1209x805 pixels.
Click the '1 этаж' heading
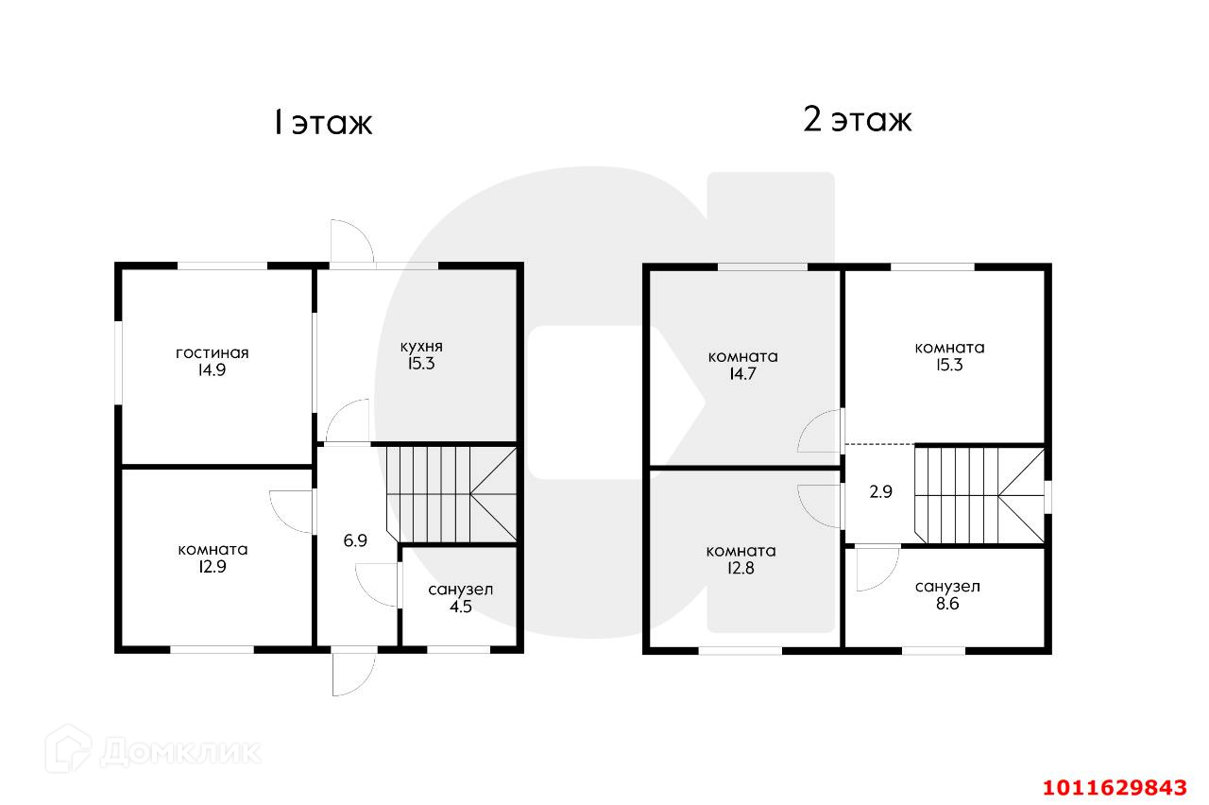[x=322, y=123]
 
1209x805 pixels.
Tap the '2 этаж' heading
[x=857, y=121]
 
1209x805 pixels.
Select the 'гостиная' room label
[x=213, y=353]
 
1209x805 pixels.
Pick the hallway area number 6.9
[x=355, y=541]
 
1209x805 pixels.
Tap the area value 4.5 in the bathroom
[x=460, y=607]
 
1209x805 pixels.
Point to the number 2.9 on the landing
[x=880, y=491]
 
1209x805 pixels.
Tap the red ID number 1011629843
[x=1114, y=787]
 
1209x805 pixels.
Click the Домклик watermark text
[x=179, y=752]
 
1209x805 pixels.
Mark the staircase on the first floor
[x=451, y=493]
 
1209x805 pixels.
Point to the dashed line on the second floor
[x=878, y=444]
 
